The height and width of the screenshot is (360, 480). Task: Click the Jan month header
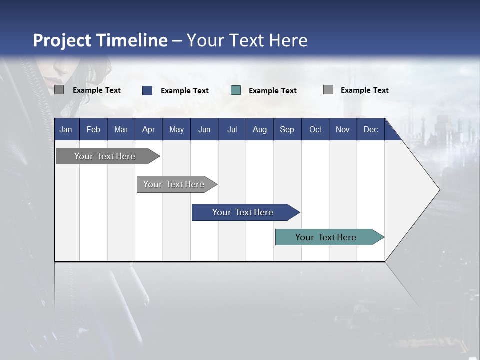[x=66, y=130]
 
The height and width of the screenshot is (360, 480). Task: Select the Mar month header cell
[x=121, y=130]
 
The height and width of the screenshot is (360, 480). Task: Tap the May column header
[x=176, y=130]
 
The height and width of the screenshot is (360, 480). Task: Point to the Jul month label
[x=232, y=130]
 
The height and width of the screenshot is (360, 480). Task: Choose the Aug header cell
[x=259, y=130]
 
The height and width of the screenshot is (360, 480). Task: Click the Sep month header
[x=287, y=130]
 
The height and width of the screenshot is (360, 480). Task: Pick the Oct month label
[x=315, y=130]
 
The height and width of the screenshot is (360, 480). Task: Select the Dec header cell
[x=370, y=130]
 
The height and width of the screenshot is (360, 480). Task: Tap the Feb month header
[x=93, y=130]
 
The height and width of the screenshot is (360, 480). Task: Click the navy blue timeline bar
[x=243, y=212]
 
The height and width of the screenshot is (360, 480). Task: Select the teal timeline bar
[x=326, y=237]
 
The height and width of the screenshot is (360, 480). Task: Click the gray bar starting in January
[x=105, y=156]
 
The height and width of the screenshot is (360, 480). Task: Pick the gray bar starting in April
[x=174, y=184]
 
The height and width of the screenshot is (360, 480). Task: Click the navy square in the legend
[x=147, y=90]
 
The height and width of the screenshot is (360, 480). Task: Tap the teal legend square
[x=236, y=90]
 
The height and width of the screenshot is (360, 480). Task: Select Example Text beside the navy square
[x=185, y=91]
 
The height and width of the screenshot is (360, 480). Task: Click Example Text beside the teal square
[x=273, y=91]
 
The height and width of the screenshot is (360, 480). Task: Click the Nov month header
[x=343, y=130]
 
